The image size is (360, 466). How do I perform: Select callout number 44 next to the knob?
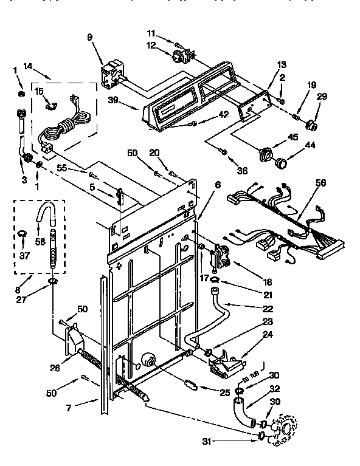[294, 146]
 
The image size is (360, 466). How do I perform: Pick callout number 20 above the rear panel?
[154, 152]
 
